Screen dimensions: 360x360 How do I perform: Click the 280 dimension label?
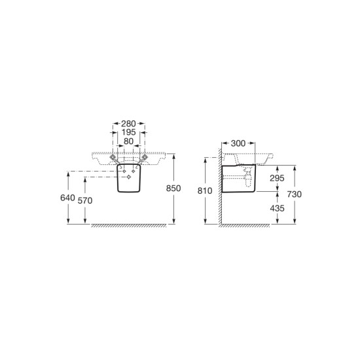coord(128,124)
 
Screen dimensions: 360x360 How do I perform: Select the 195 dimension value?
coord(128,132)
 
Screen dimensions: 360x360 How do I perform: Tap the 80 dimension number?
coord(128,141)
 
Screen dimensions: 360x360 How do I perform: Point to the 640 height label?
coord(67,198)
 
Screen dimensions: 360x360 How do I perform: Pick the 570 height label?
coord(85,201)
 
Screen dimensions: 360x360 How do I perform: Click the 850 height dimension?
coord(173,189)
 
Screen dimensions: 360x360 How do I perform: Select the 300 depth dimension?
coord(238,143)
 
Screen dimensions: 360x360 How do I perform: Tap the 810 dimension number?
coord(205,190)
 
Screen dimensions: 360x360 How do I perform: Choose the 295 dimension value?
coord(277,178)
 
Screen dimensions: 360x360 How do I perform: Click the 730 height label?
coord(294,194)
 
